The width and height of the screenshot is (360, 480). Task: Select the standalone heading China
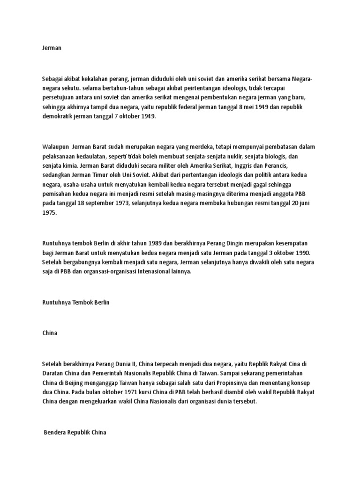tap(49, 333)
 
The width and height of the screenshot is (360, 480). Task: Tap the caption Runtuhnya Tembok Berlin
tap(75, 303)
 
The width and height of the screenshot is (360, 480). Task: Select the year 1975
tap(49, 212)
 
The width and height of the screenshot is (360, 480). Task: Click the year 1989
tap(157, 244)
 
